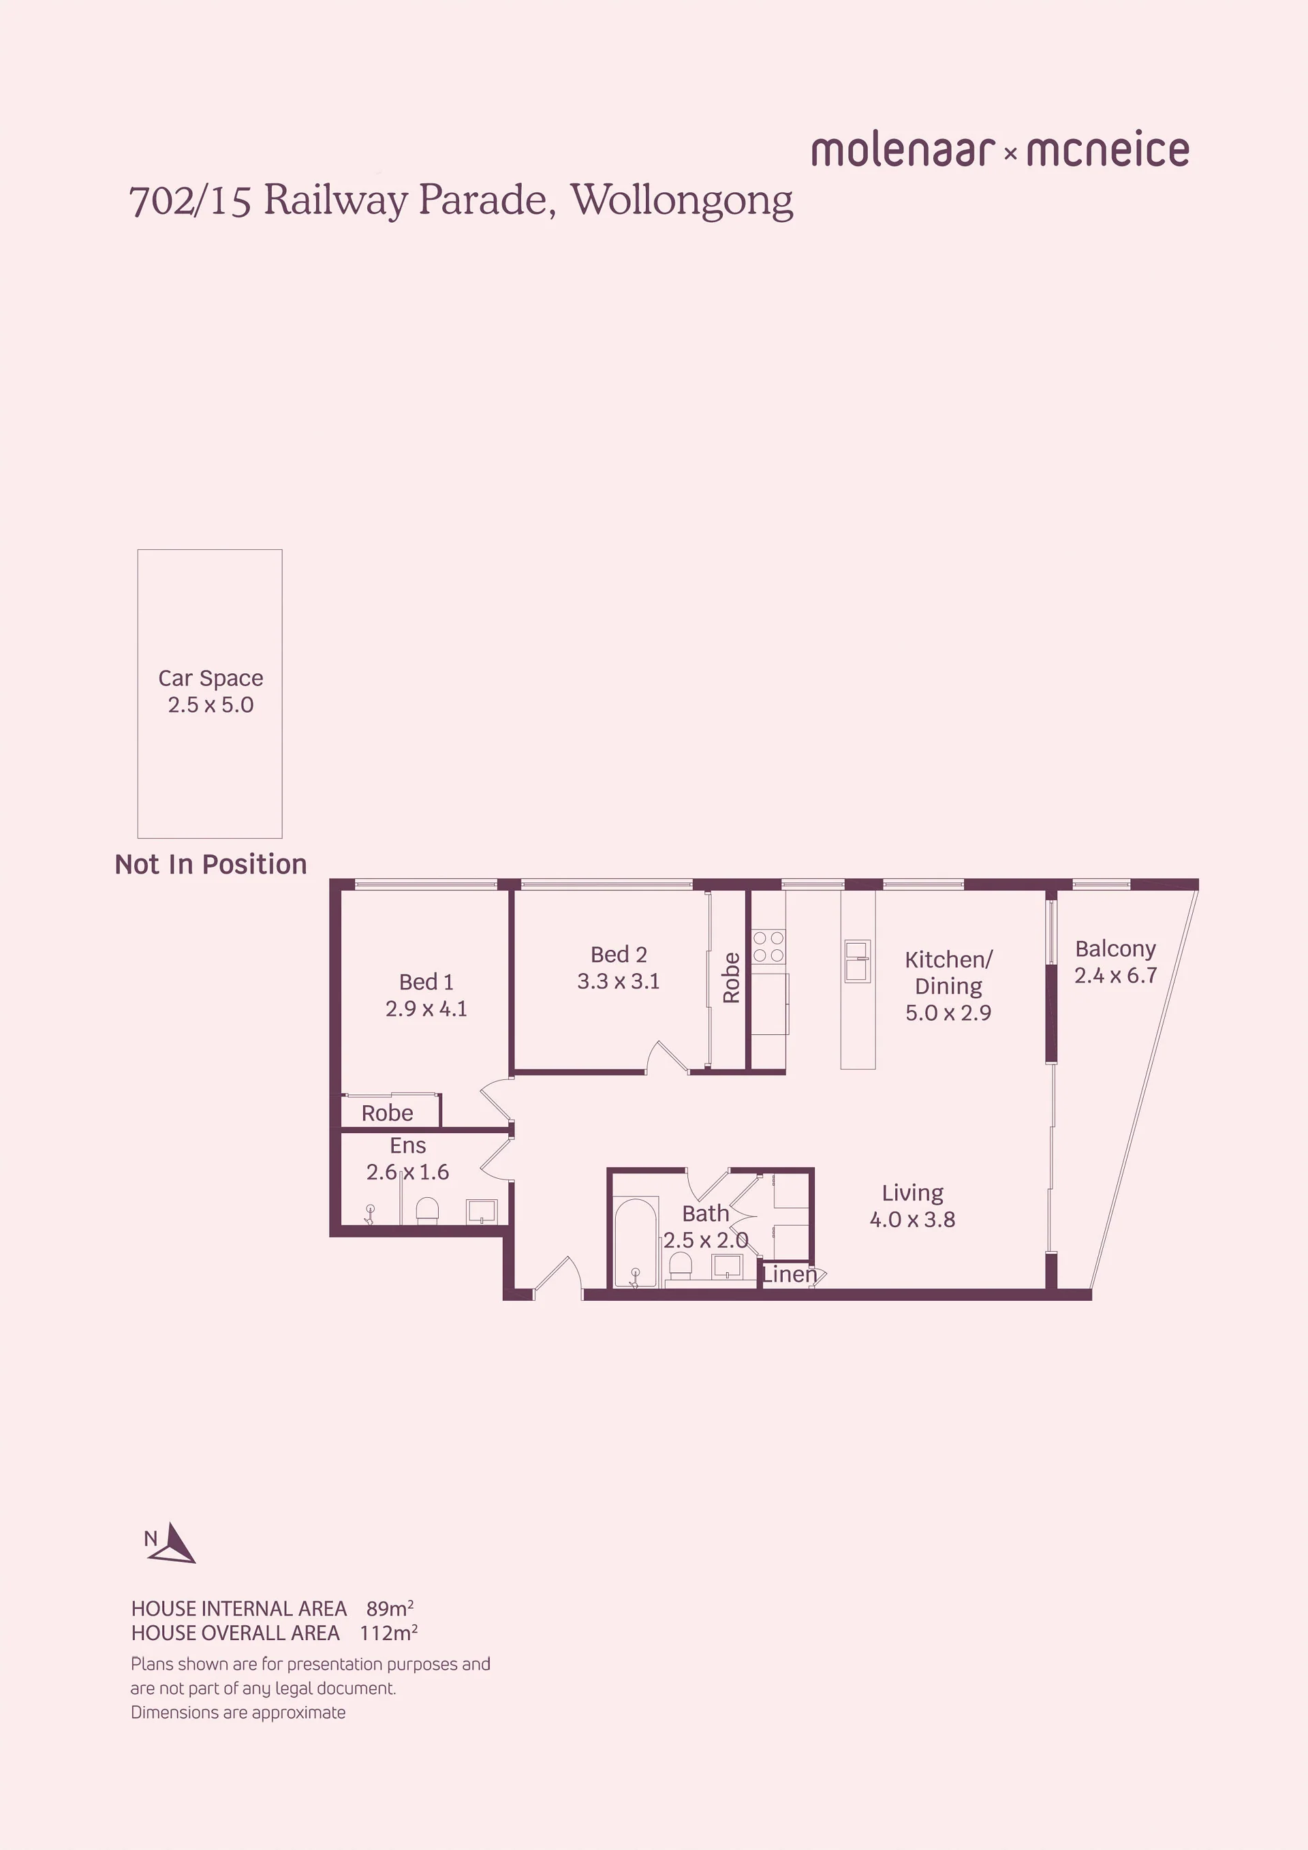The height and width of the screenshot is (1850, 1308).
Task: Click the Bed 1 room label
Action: click(426, 981)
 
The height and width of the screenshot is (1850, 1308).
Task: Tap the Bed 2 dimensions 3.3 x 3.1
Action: click(618, 981)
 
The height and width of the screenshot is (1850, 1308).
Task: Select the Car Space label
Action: click(211, 679)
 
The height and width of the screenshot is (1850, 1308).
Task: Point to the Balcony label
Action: click(1115, 949)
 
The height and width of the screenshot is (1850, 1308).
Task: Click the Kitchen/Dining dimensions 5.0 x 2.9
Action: click(948, 1012)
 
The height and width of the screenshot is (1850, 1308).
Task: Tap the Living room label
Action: click(913, 1192)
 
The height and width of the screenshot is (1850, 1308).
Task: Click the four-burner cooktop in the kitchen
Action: click(768, 946)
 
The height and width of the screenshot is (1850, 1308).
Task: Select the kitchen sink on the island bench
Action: click(857, 961)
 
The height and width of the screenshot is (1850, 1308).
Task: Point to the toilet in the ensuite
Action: click(427, 1210)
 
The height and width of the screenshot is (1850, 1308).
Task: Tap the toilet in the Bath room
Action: click(681, 1264)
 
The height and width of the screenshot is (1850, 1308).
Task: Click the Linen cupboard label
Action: click(790, 1274)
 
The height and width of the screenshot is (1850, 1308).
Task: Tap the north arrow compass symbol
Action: click(172, 1542)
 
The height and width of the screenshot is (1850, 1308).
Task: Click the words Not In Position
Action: click(211, 864)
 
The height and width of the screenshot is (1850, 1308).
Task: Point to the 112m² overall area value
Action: click(388, 1633)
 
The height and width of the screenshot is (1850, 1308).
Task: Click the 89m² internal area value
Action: click(390, 1608)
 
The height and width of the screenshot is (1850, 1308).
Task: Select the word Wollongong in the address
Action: click(682, 200)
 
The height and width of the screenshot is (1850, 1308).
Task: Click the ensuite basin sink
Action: click(482, 1211)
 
